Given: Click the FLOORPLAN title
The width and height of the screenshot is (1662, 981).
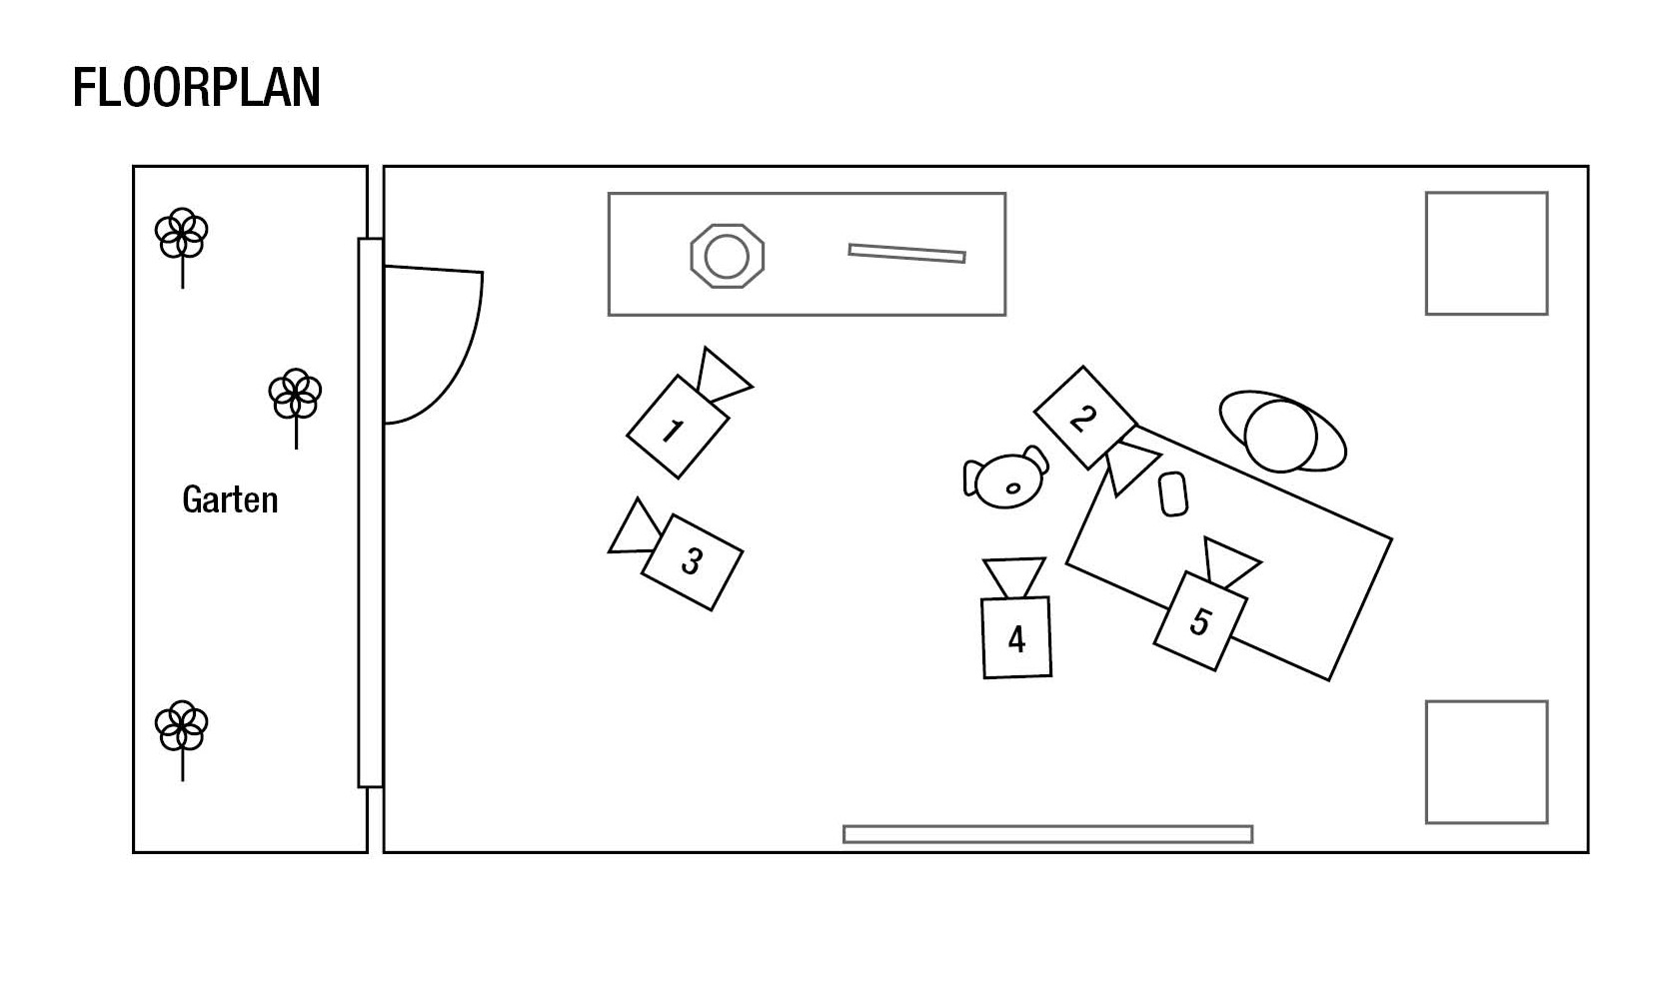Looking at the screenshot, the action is [x=197, y=87].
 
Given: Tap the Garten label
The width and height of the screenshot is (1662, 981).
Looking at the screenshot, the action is [x=230, y=499].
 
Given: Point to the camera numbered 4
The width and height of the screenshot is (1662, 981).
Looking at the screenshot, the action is [x=1016, y=617].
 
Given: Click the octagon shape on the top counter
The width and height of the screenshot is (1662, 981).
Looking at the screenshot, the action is [x=728, y=257].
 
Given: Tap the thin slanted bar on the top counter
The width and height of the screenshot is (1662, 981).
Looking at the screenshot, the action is [x=906, y=253].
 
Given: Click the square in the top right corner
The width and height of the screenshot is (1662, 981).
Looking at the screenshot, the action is [x=1487, y=254].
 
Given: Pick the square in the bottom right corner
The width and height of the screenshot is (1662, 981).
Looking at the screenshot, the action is [x=1487, y=762].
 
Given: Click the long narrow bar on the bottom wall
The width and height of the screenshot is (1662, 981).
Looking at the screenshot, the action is [x=1047, y=834].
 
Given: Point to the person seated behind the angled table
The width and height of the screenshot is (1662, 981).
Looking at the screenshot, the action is [x=1282, y=432].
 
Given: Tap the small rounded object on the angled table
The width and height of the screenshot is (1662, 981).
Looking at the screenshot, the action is [x=1173, y=493].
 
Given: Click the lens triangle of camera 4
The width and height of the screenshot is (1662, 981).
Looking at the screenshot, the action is [x=1014, y=577].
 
